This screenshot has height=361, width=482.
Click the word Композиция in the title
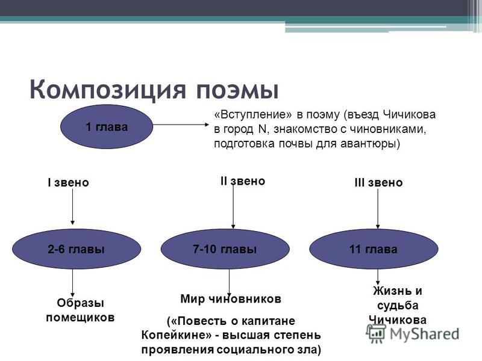(108, 90)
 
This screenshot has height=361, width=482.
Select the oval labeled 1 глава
(107, 127)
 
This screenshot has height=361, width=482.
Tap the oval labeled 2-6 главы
(77, 249)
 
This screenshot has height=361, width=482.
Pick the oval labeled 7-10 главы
(225, 249)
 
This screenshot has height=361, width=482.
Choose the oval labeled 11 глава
(374, 249)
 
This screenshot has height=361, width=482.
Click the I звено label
(68, 183)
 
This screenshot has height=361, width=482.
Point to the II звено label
(243, 181)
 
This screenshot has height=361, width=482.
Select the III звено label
(378, 183)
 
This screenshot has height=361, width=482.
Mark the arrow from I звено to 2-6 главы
(72, 206)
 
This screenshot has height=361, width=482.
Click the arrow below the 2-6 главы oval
(72, 283)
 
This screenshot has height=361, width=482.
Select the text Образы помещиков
(80, 310)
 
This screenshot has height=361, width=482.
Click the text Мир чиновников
(231, 298)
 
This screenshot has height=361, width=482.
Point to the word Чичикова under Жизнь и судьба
(398, 320)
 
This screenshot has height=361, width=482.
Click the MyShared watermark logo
(412, 334)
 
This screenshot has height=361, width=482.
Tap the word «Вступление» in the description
(252, 114)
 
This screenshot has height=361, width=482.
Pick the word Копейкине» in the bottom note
(175, 335)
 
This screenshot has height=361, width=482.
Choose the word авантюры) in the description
(371, 144)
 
